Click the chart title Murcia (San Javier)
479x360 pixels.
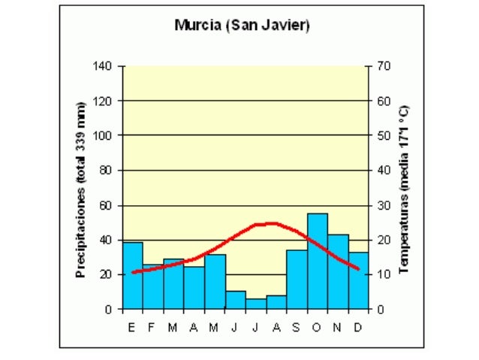242,25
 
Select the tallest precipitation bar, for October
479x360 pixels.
317,262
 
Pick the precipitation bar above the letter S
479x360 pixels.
297,280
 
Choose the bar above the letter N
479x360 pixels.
338,272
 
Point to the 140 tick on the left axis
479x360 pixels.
103,66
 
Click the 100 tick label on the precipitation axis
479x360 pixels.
103,135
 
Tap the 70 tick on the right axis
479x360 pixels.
384,66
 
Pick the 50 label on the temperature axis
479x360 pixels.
384,135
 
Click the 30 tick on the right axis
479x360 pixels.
384,205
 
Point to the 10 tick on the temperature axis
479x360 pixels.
384,274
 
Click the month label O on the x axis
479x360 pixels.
317,327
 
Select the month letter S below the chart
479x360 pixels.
297,327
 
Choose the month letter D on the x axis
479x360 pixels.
359,327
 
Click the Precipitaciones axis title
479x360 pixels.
81,189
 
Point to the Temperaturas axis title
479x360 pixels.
403,189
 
